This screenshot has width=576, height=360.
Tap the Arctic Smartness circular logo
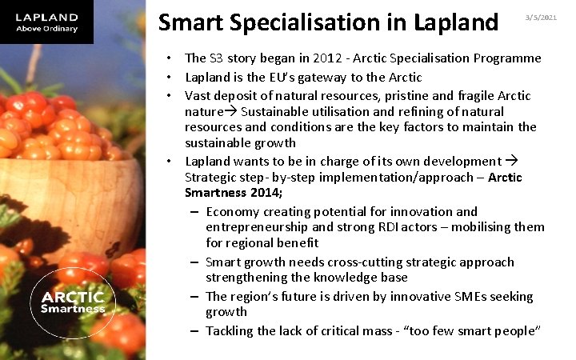tap(73, 301)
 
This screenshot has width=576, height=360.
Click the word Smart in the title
tap(189, 22)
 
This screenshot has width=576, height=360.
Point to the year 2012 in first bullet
tap(314, 58)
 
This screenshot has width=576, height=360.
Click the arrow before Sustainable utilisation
tap(233, 110)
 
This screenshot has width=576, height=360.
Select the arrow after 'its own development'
tap(514, 160)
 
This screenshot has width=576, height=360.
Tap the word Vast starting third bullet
tap(198, 95)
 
